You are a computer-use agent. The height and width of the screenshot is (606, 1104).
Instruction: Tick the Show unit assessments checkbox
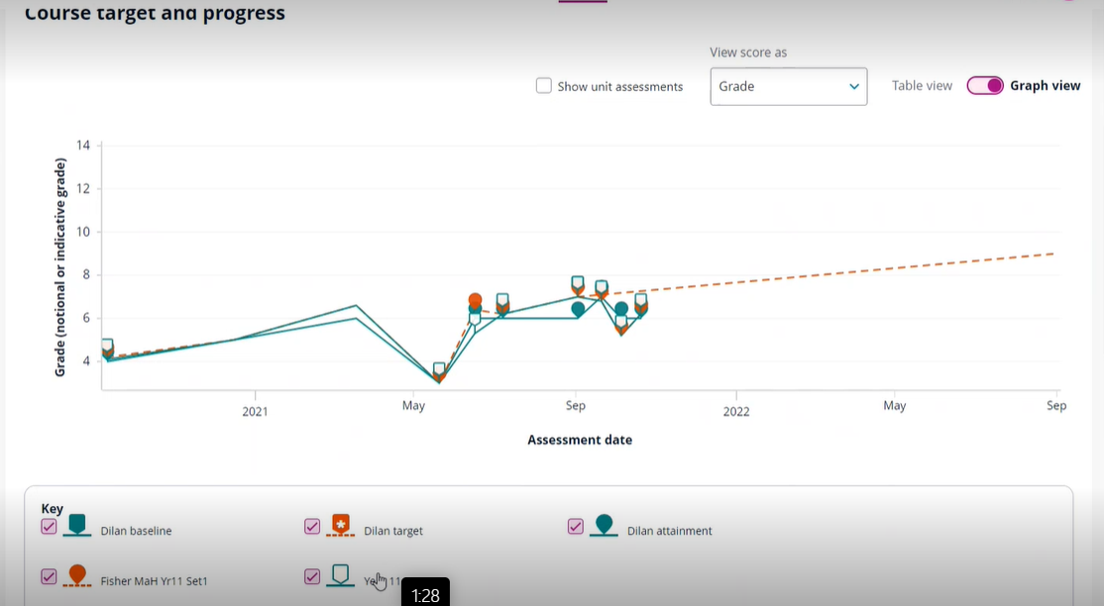(544, 86)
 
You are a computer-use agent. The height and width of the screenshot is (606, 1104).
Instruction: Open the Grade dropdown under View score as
(788, 86)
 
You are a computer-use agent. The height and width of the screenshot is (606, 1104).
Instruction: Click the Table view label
(922, 86)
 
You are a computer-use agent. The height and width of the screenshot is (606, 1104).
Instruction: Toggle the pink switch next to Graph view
(985, 86)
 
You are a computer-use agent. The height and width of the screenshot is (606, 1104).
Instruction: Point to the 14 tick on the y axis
(83, 146)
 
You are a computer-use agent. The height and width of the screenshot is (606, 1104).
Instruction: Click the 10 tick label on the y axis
(83, 232)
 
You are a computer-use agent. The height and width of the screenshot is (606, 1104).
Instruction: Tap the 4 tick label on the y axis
(86, 361)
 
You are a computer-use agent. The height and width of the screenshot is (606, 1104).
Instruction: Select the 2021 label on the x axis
(255, 411)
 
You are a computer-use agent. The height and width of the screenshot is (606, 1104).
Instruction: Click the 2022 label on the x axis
(735, 411)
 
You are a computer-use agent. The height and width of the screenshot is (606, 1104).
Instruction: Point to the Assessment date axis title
(580, 440)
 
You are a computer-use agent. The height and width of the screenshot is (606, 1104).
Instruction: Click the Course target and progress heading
(155, 14)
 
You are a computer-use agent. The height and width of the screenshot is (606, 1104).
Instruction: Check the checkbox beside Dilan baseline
(49, 527)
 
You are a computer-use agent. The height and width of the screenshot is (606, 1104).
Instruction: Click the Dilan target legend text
(392, 531)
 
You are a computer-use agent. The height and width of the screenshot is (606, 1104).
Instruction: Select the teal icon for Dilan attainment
(604, 526)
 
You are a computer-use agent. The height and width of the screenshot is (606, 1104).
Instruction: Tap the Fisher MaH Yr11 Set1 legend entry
(154, 581)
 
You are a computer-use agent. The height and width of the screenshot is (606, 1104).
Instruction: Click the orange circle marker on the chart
(475, 300)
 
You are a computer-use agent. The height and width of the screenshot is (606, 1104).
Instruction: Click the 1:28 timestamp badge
(425, 595)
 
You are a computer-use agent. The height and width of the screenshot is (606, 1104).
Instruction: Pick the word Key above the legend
(52, 509)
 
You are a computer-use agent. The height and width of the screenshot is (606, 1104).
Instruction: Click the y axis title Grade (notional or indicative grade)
(60, 267)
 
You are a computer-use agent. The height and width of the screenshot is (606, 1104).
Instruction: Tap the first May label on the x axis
(413, 406)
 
